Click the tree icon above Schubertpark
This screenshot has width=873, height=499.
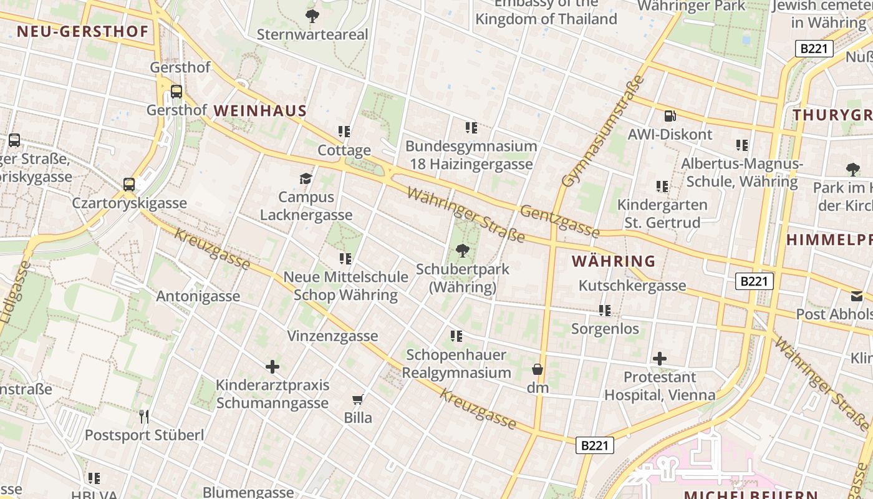[462, 251]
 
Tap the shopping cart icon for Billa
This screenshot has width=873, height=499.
[357, 399]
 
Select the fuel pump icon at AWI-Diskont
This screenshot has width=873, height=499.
[670, 115]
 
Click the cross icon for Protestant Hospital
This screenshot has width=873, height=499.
[659, 358]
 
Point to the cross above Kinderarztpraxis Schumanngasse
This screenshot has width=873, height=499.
[273, 366]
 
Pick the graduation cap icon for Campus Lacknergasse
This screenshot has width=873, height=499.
[305, 179]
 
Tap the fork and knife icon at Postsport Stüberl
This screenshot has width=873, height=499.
[144, 416]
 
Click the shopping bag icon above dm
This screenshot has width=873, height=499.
[537, 369]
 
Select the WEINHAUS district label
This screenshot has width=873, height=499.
[260, 111]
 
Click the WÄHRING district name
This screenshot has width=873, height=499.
[614, 261]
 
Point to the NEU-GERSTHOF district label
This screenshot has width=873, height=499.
[83, 31]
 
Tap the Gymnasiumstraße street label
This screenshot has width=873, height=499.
[602, 132]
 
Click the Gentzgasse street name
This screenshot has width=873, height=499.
[559, 221]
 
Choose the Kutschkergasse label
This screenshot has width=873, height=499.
[632, 286]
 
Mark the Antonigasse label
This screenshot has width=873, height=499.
[198, 296]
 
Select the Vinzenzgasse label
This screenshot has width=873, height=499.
[332, 336]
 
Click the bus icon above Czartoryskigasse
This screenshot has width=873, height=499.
[129, 185]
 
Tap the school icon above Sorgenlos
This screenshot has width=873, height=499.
[604, 310]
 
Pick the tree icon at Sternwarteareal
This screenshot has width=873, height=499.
[312, 16]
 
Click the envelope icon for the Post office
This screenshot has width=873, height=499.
[857, 296]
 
